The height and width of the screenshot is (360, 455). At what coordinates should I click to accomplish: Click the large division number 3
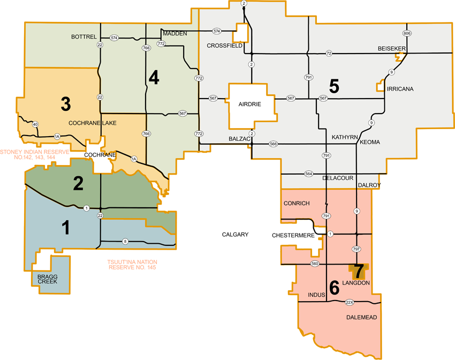66,104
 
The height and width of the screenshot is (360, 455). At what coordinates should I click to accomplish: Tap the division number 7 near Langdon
358,271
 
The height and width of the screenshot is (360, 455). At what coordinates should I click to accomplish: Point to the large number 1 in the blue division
66,228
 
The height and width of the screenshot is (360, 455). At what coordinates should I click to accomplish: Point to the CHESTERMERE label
292,235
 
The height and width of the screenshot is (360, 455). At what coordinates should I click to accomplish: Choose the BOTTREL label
84,37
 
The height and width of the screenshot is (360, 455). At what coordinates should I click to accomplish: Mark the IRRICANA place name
400,88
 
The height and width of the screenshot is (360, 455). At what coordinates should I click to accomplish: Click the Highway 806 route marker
407,33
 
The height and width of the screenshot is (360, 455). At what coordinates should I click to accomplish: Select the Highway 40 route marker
35,125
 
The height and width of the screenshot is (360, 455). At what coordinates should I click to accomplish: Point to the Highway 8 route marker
125,241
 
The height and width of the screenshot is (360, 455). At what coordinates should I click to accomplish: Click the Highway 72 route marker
329,53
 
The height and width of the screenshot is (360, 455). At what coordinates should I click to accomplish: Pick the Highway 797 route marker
356,249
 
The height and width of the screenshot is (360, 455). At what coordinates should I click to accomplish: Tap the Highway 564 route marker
309,174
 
